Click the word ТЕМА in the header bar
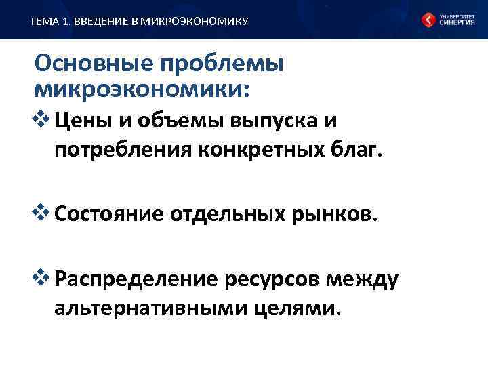tap(42, 22)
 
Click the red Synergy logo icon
tap(429, 20)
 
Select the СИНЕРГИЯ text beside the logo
tap(457, 22)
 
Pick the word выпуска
tap(262, 122)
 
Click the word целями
tap(296, 308)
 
